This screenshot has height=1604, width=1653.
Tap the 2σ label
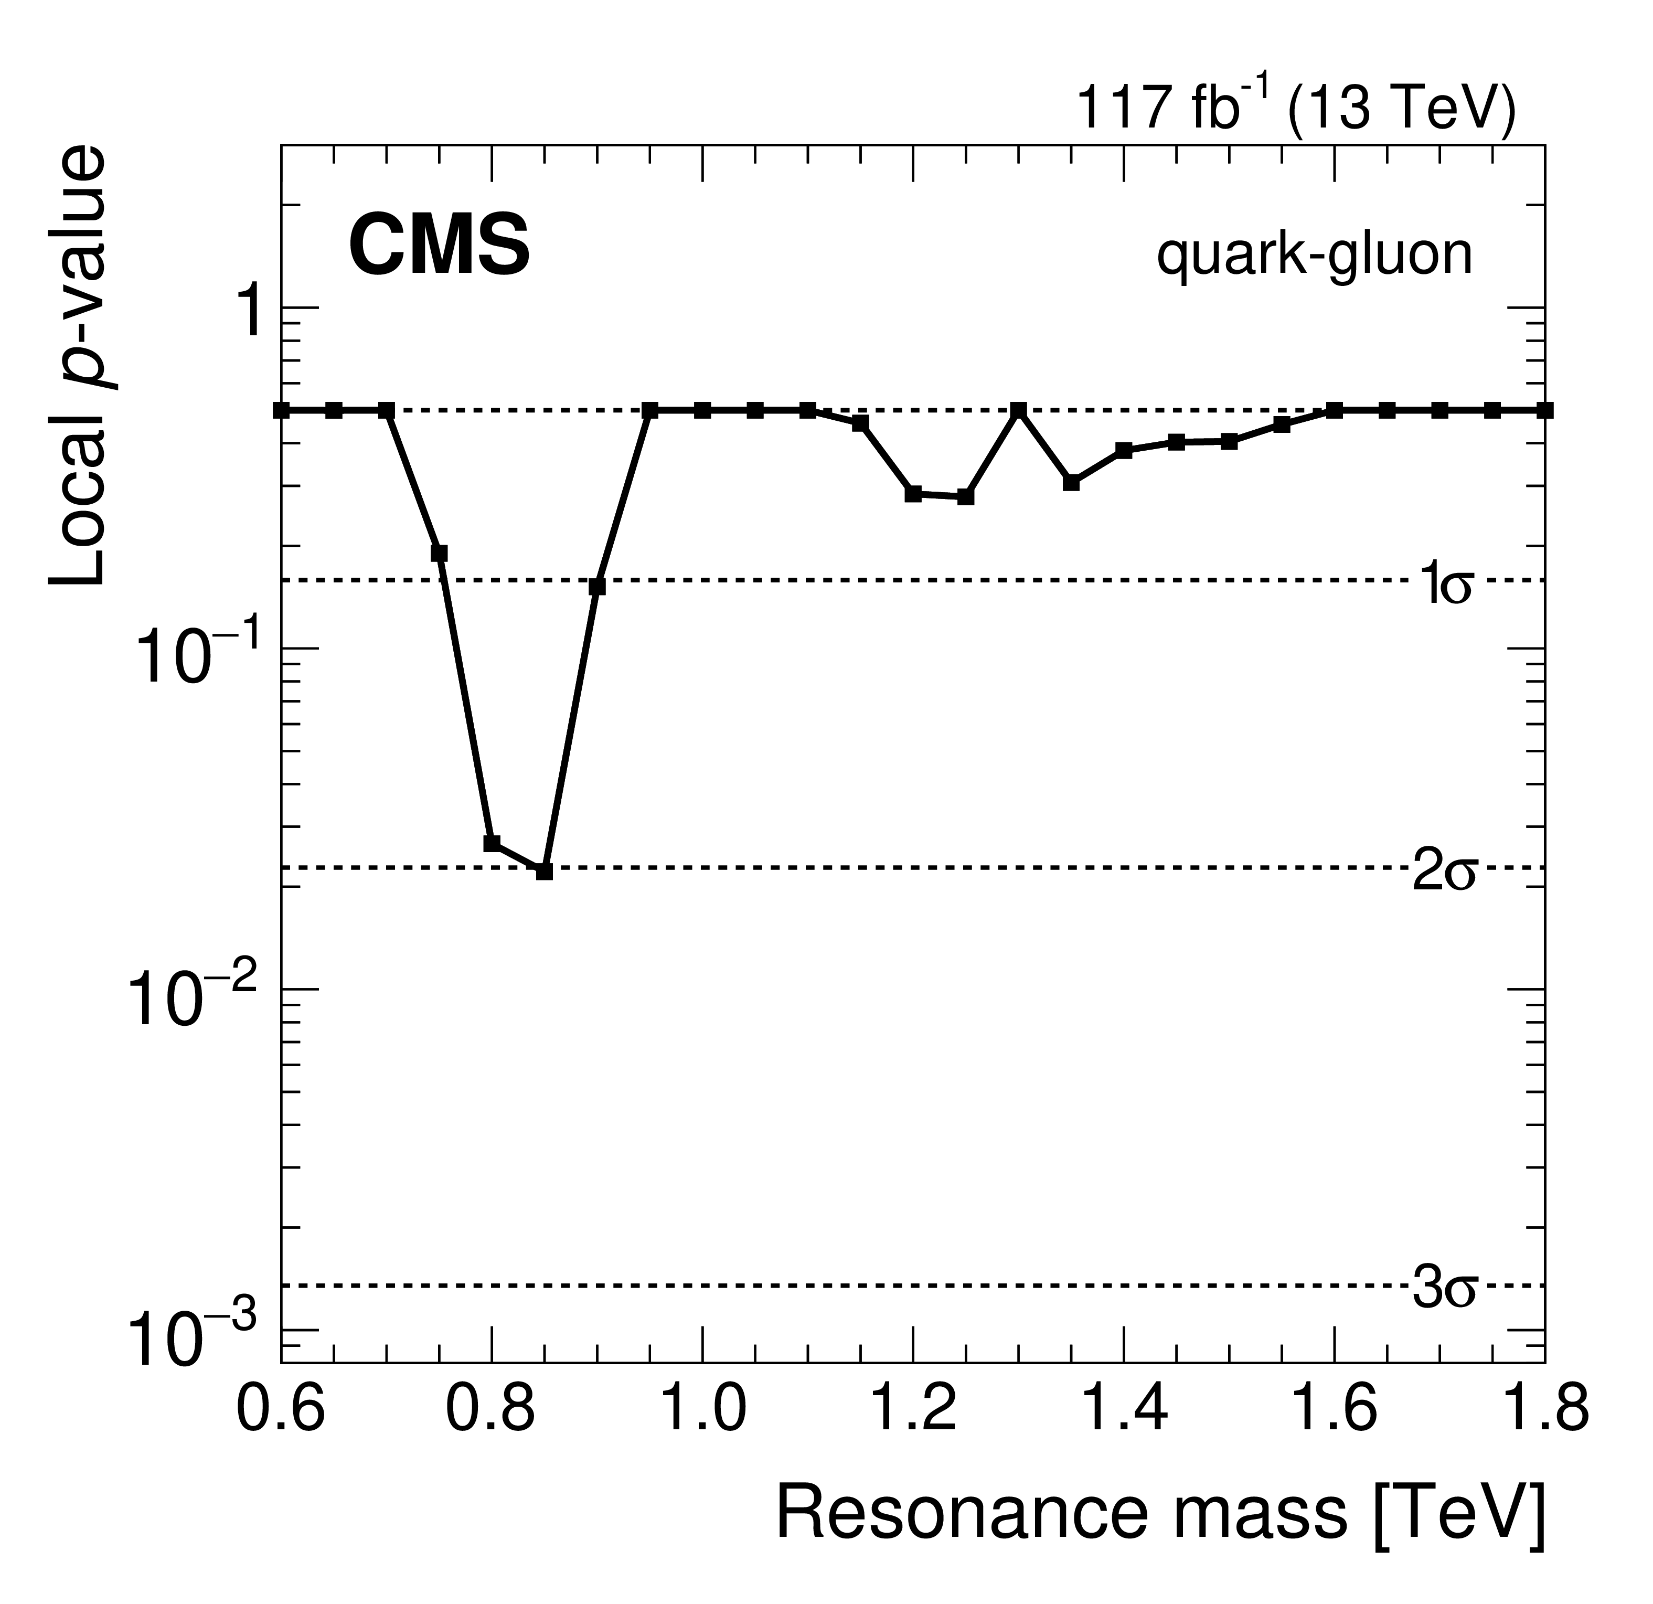pos(1444,873)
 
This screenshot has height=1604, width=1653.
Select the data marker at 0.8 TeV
pos(492,843)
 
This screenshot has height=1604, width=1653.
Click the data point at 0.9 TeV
pos(597,587)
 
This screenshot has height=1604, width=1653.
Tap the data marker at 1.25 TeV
pos(966,497)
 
